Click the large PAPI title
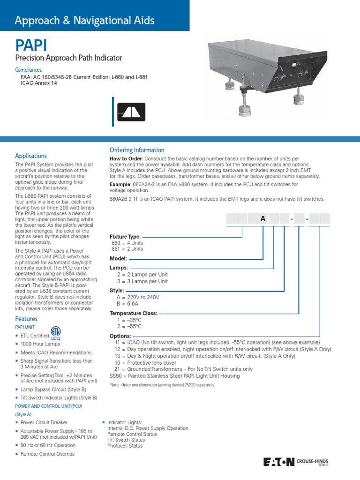[31, 46]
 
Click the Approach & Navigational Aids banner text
[84, 21]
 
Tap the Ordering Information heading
[137, 150]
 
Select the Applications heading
[31, 156]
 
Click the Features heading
[26, 319]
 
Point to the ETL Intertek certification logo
[56, 332]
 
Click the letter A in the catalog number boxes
[263, 218]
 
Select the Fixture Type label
[125, 237]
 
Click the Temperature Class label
[134, 313]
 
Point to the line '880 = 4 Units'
[127, 243]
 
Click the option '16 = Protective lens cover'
[146, 363]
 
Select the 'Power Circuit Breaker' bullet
[44, 422]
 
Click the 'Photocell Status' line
[125, 446]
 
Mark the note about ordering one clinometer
[162, 385]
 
